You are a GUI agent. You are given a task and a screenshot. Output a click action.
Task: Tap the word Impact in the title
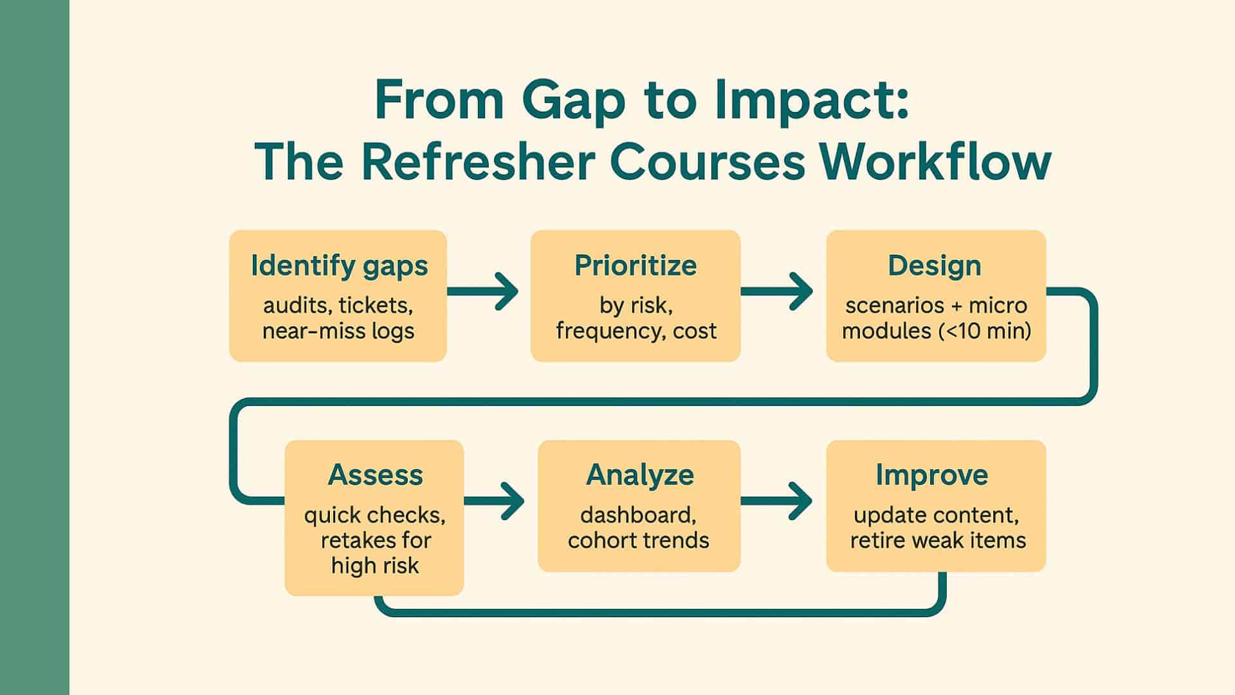(x=812, y=102)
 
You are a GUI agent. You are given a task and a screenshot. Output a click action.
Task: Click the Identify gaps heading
(x=339, y=266)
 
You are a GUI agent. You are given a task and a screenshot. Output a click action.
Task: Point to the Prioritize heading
(x=636, y=266)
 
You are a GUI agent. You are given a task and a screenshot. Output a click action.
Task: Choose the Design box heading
(x=935, y=266)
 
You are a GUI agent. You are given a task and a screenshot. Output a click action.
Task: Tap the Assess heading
(x=375, y=475)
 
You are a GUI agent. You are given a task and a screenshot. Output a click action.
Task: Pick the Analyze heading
(x=640, y=475)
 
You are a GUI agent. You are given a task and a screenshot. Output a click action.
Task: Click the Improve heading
(x=931, y=475)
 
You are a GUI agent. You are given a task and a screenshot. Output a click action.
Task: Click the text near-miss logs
(x=338, y=331)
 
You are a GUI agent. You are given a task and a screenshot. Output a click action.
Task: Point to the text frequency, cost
(x=636, y=331)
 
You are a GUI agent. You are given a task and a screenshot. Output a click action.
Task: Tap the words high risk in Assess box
(x=375, y=566)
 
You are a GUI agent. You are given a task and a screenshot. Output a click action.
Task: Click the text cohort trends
(x=639, y=540)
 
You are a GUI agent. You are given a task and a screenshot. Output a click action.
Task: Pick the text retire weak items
(x=938, y=540)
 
